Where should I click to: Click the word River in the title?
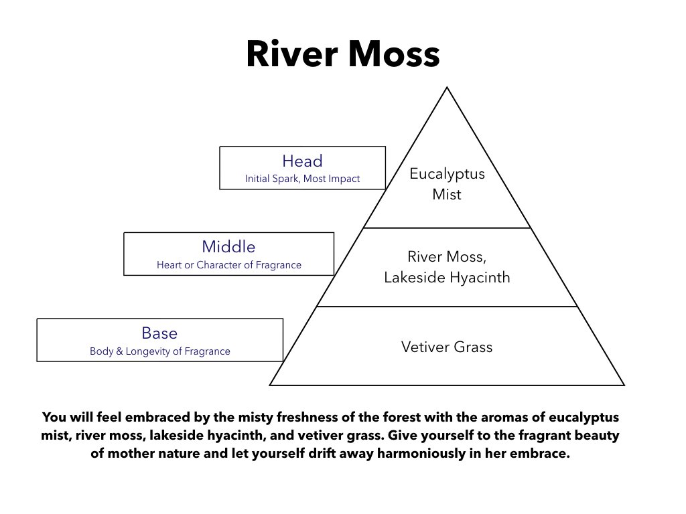(x=292, y=54)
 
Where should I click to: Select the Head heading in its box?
(x=302, y=161)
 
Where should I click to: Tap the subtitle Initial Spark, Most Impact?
(x=302, y=178)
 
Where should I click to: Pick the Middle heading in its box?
(x=229, y=246)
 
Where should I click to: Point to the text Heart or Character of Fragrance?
(x=229, y=265)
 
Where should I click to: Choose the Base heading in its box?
(x=159, y=333)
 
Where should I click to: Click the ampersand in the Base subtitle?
(x=119, y=351)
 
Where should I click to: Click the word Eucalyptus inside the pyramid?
(x=447, y=173)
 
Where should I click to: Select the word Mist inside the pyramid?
(x=447, y=194)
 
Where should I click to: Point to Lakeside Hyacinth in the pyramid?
(x=447, y=277)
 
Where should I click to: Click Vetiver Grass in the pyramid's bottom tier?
(x=447, y=347)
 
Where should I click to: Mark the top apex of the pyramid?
(x=447, y=88)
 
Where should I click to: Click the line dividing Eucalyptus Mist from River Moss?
(x=447, y=228)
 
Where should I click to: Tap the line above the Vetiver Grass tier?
(x=447, y=307)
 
